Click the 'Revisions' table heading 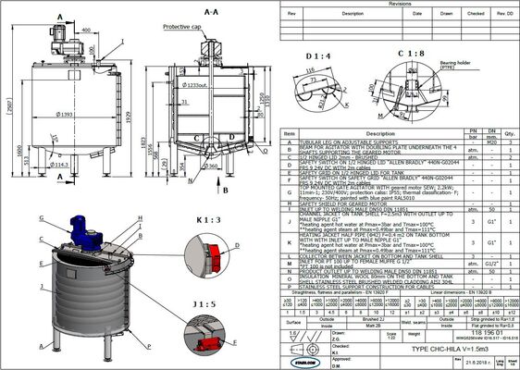[399, 5]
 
